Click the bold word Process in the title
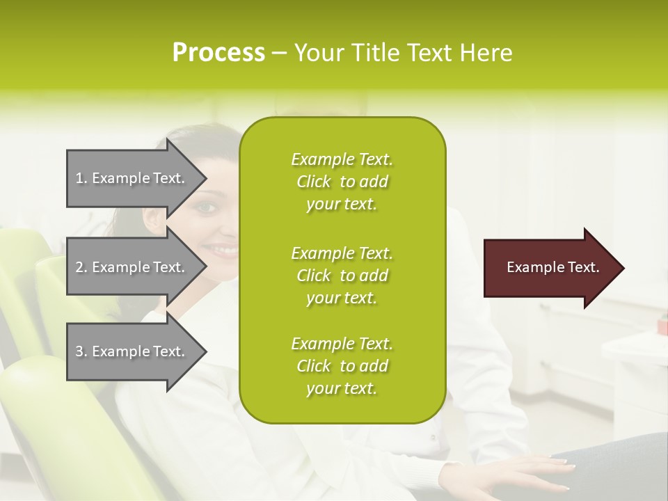coord(218,53)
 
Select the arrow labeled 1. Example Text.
coord(132,178)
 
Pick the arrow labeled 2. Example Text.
coord(132,267)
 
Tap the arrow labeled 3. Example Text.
coord(132,351)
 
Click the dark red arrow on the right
coord(550,268)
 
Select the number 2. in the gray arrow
coord(81,267)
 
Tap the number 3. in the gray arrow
coord(81,351)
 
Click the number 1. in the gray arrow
coord(81,178)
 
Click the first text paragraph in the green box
coord(342,182)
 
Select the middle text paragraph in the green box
coord(342,276)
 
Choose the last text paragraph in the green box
coord(342,366)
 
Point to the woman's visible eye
coord(208,207)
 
